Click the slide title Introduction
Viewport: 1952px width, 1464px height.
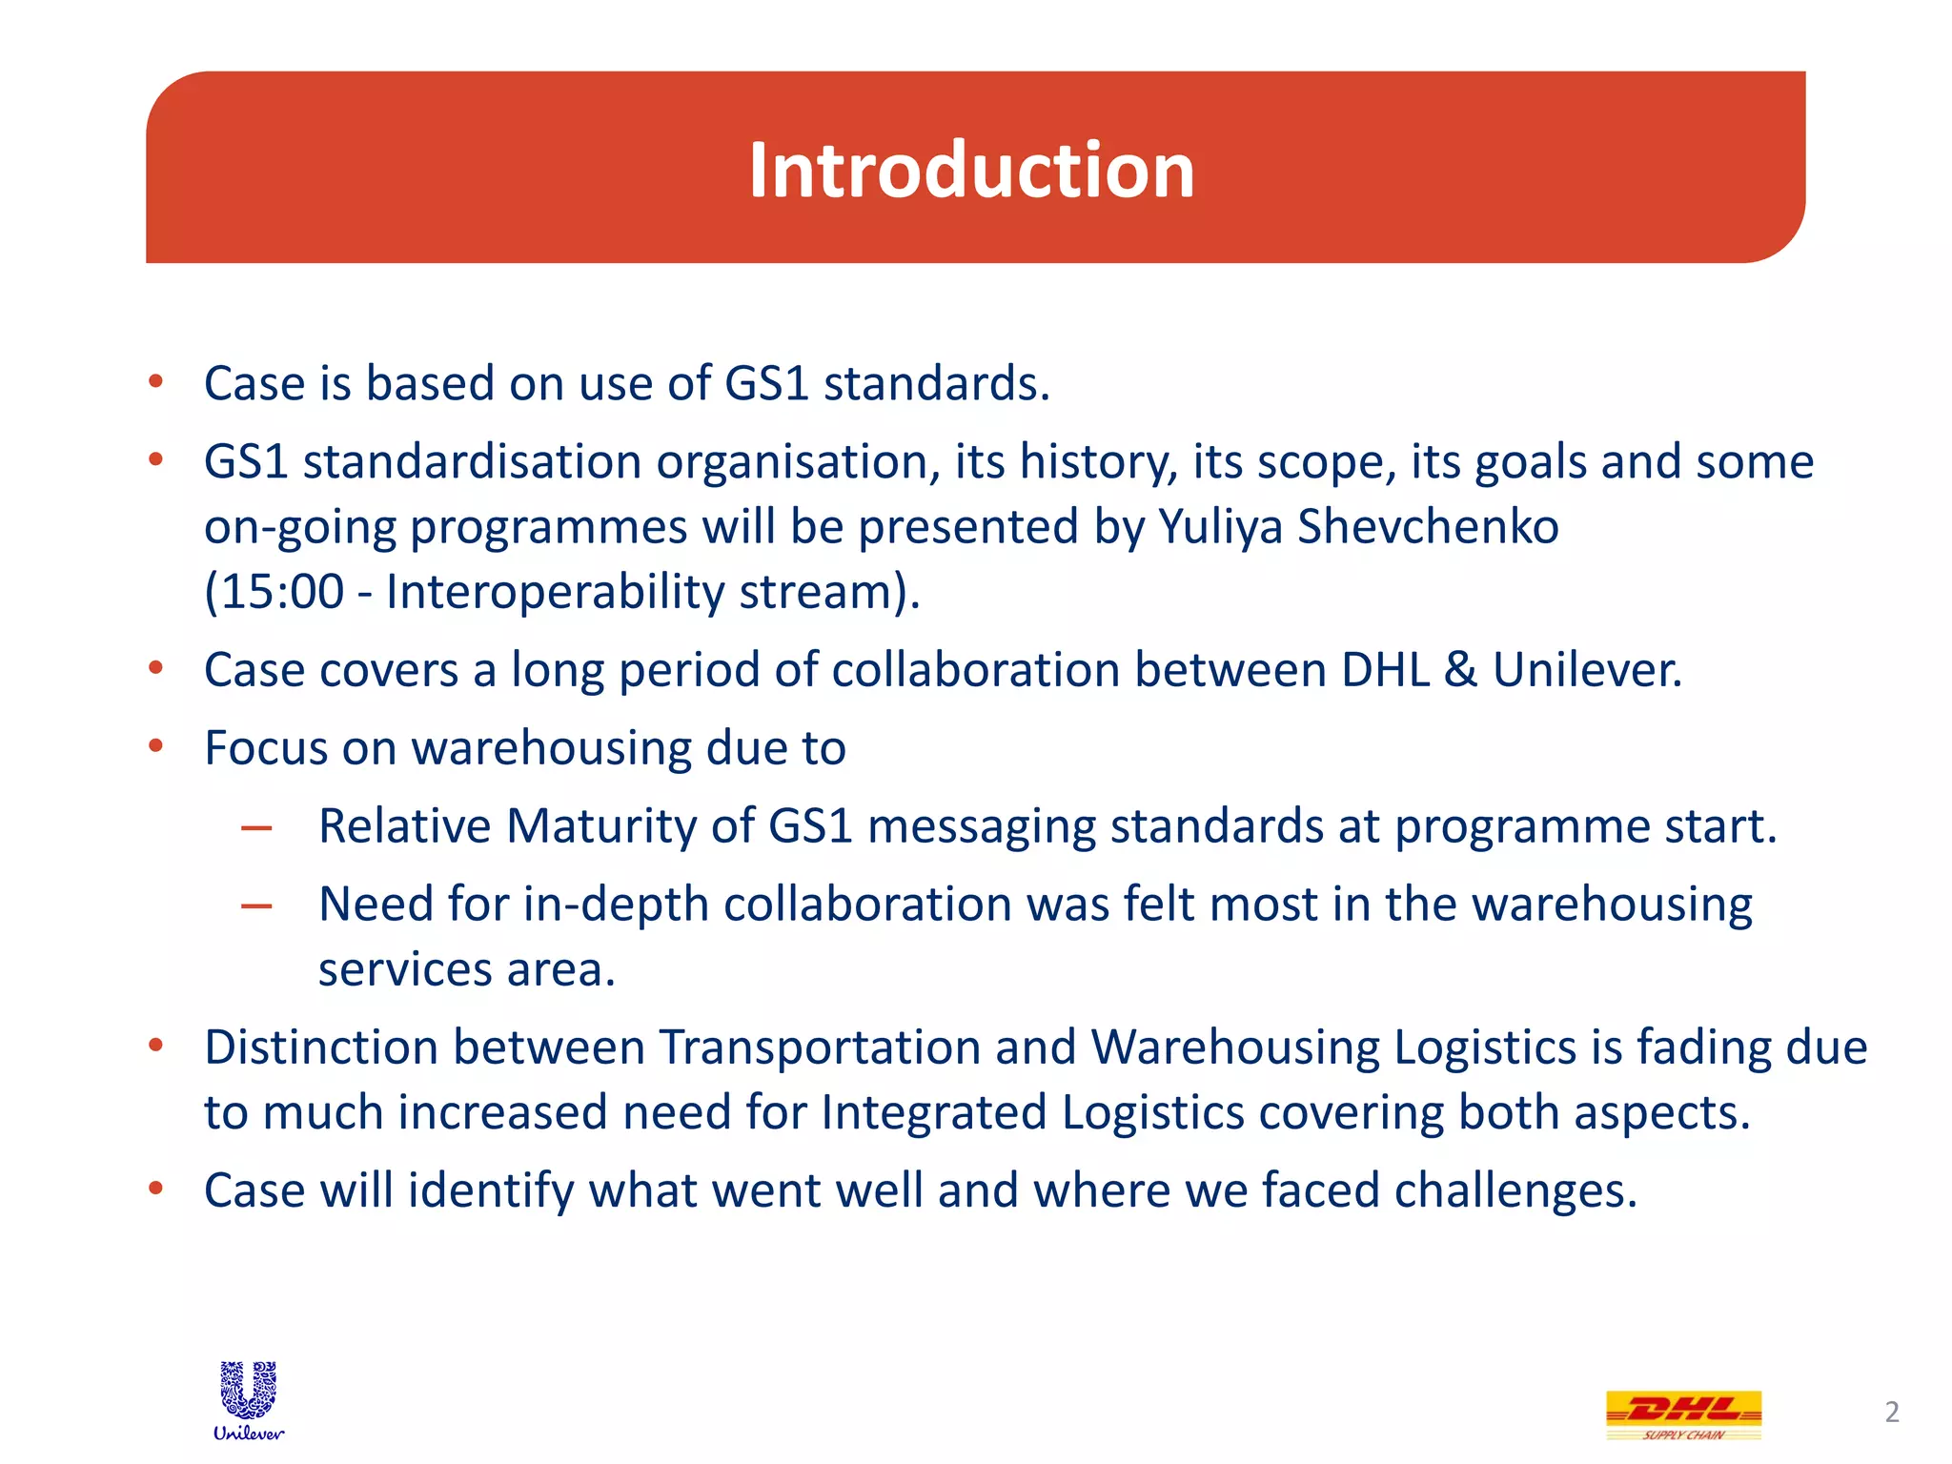[x=971, y=170]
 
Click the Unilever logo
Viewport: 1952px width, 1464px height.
[x=249, y=1399]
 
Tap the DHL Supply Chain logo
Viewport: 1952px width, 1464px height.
[x=1683, y=1414]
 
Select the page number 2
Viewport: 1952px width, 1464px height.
[x=1892, y=1412]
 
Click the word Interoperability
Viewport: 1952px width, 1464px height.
[x=555, y=592]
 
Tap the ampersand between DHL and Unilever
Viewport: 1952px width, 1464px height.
[x=1460, y=670]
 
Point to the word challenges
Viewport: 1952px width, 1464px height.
[x=1515, y=1191]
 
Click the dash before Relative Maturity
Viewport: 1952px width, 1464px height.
[x=256, y=827]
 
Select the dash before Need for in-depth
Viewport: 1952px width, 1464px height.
[x=256, y=905]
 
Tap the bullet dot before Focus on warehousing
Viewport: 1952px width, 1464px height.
[x=156, y=745]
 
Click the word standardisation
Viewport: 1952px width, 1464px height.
[x=472, y=462]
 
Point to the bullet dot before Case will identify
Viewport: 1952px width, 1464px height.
[x=156, y=1188]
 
